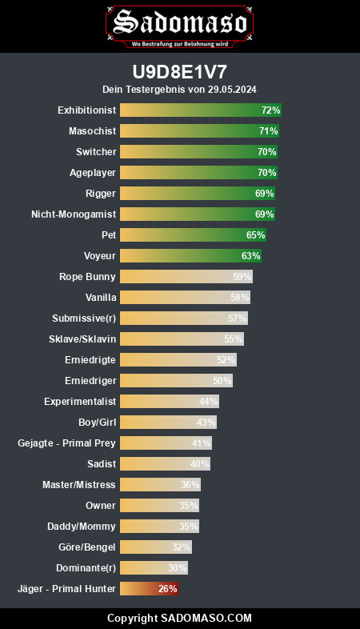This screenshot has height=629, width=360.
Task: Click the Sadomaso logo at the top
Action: tap(179, 26)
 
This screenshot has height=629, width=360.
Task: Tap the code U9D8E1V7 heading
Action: tap(179, 72)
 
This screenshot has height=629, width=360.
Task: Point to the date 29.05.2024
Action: tap(232, 89)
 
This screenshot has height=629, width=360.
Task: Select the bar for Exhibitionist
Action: tap(201, 110)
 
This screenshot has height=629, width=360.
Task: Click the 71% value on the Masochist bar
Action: tap(268, 130)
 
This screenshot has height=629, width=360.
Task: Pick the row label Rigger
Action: tap(101, 194)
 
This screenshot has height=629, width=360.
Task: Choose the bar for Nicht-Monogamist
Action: tap(198, 214)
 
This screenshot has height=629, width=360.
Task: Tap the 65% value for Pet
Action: tap(256, 235)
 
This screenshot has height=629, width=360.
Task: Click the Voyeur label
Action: tap(100, 256)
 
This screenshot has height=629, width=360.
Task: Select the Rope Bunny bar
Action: tap(186, 277)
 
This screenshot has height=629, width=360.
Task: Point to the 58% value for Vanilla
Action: tap(240, 298)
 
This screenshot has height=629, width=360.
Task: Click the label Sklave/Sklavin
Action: tap(82, 339)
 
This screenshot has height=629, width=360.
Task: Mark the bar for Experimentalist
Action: tap(170, 402)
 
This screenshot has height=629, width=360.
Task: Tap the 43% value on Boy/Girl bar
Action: tap(206, 423)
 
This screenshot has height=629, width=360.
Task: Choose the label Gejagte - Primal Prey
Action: tap(66, 443)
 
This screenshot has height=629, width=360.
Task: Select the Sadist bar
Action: tap(165, 464)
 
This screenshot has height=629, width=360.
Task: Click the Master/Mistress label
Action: tap(79, 485)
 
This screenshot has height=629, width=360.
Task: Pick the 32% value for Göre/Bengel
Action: tap(182, 547)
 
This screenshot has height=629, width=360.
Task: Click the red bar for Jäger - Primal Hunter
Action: tap(149, 589)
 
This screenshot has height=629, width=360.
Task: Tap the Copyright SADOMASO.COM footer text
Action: tap(179, 618)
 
